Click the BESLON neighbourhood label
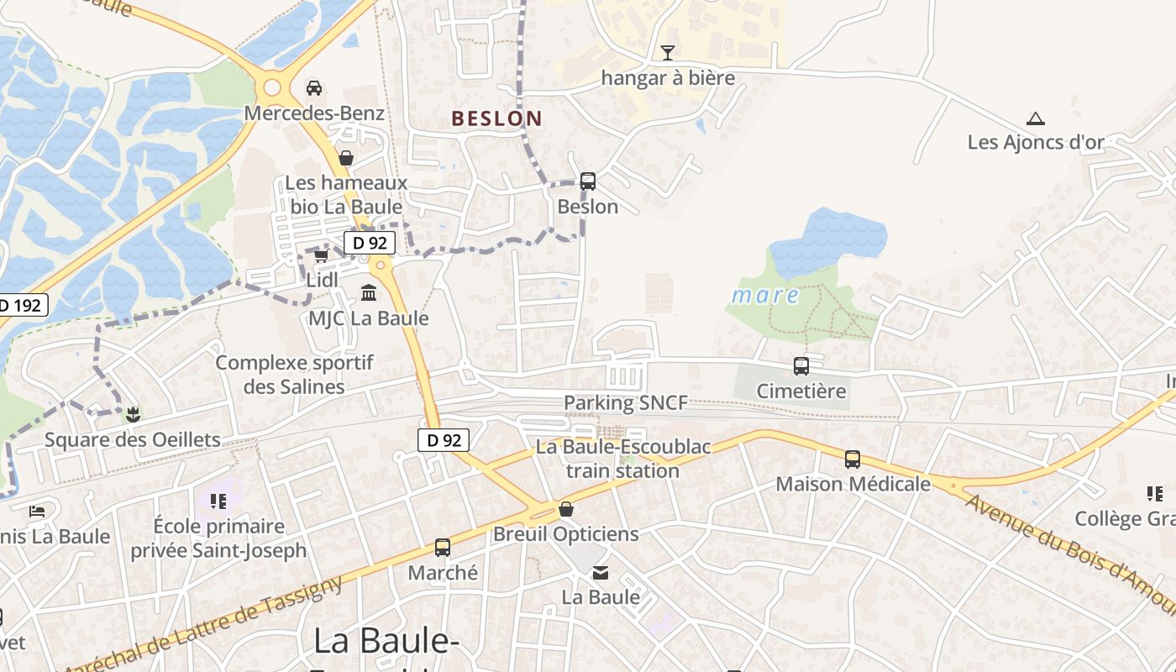pyautogui.click(x=496, y=118)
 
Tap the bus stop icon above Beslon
pyautogui.click(x=588, y=181)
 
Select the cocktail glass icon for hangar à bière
pyautogui.click(x=668, y=53)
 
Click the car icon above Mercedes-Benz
pyautogui.click(x=314, y=87)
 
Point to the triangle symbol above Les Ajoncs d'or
pyautogui.click(x=1036, y=118)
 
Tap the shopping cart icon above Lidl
pyautogui.click(x=321, y=255)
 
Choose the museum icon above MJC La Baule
pyautogui.click(x=369, y=293)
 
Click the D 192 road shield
pyautogui.click(x=21, y=305)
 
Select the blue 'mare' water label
pyautogui.click(x=764, y=296)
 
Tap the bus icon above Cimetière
pyautogui.click(x=801, y=366)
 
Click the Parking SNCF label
pyautogui.click(x=625, y=403)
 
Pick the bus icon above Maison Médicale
pyautogui.click(x=853, y=459)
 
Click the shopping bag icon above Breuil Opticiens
pyautogui.click(x=566, y=509)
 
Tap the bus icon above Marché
pyautogui.click(x=443, y=548)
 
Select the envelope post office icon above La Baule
pyautogui.click(x=601, y=573)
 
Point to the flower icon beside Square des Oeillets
pyautogui.click(x=132, y=413)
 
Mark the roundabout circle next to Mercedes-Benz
pyautogui.click(x=272, y=87)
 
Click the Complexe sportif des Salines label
pyautogui.click(x=294, y=375)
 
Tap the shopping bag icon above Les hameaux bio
pyautogui.click(x=345, y=157)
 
